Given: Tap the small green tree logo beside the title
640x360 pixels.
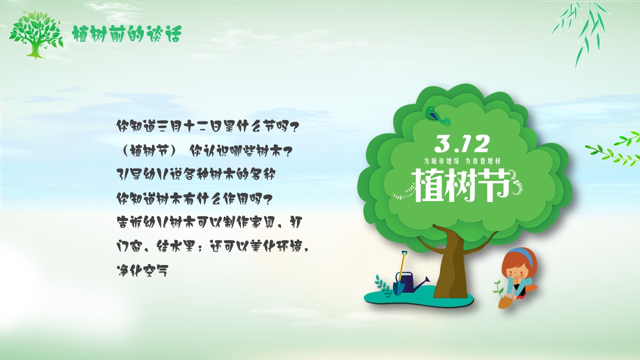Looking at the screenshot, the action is tap(36, 35).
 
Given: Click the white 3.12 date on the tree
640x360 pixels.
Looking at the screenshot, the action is tap(461, 144).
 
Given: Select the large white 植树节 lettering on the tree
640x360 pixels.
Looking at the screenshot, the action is tap(460, 185).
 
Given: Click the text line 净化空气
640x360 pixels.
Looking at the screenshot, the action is tap(142, 270).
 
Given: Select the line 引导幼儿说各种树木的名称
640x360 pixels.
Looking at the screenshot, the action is tap(196, 174).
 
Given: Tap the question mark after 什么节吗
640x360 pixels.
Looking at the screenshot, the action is tap(291, 127).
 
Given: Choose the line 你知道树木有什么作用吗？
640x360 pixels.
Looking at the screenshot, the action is tap(194, 198).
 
